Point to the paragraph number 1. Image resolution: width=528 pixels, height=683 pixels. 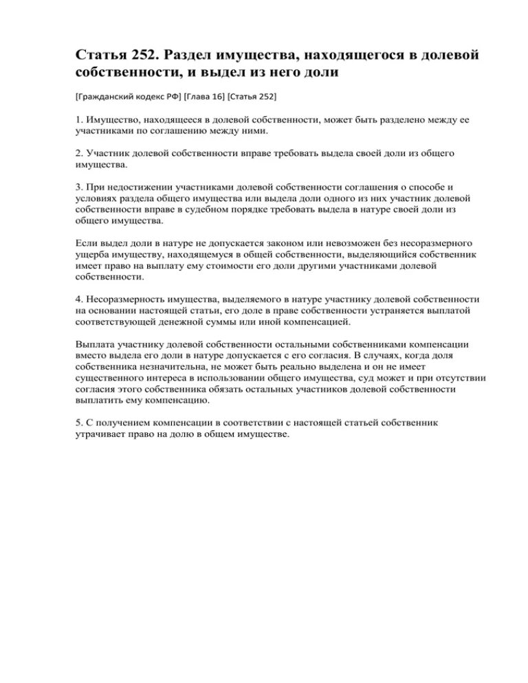(x=79, y=120)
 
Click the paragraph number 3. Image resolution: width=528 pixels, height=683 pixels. (x=79, y=187)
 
